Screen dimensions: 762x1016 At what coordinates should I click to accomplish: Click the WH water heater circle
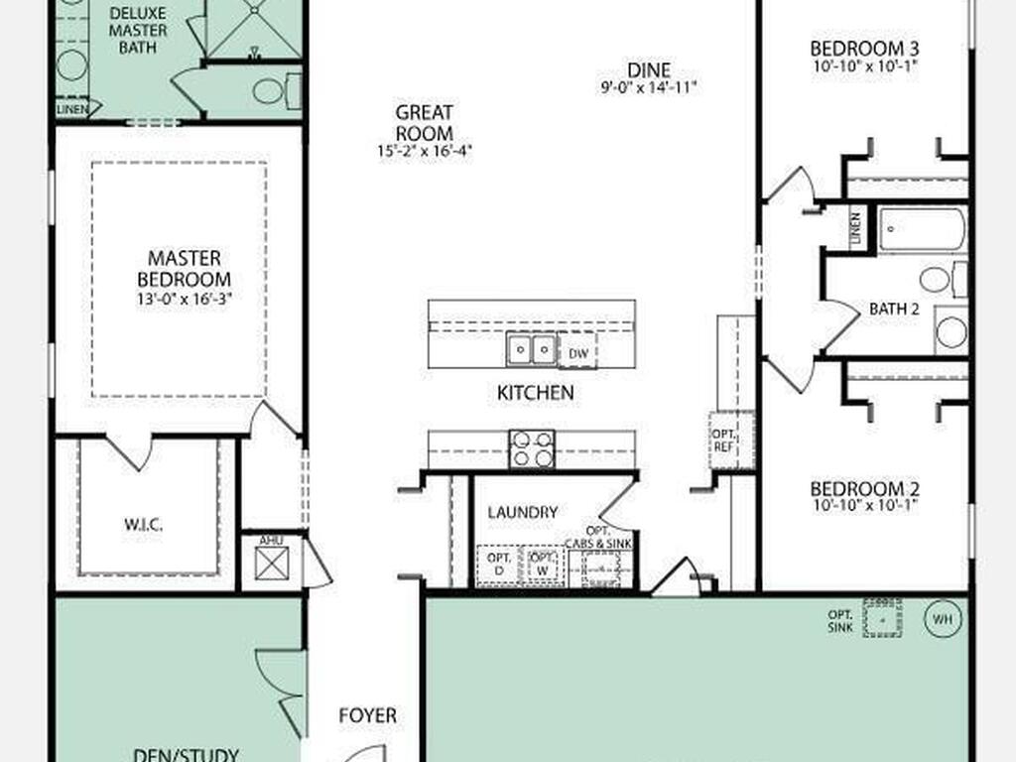point(943,619)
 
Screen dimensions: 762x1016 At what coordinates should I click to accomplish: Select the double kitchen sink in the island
point(531,349)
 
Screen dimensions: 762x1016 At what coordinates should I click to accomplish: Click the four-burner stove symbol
point(532,448)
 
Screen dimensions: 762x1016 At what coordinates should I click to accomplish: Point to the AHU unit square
point(271,563)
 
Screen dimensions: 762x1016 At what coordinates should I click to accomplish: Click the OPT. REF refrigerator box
point(723,441)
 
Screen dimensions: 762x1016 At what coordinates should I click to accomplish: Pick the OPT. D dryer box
point(498,566)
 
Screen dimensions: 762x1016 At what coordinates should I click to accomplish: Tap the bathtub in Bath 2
point(922,229)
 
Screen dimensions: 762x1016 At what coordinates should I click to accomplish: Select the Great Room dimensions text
point(425,152)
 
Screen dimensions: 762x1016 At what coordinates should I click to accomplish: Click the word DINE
point(649,70)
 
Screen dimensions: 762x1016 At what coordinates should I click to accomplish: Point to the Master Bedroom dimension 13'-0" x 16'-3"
point(184,298)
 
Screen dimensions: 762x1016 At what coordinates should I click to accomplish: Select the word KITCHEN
point(535,393)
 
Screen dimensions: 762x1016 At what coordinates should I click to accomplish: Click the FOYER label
point(367,714)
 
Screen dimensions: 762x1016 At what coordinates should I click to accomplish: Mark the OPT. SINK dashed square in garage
point(881,617)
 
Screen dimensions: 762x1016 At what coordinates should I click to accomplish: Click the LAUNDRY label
point(522,512)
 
